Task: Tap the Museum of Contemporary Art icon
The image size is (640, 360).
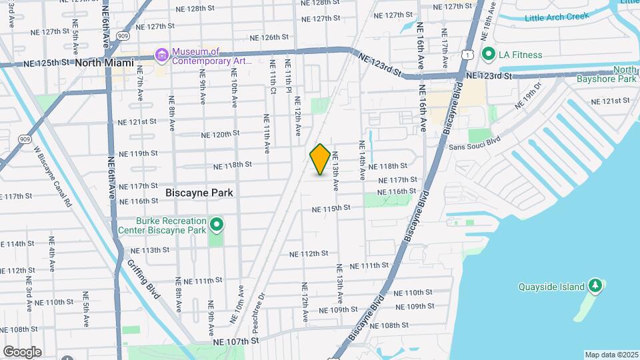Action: tap(161, 55)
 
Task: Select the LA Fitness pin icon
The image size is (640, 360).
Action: tap(488, 55)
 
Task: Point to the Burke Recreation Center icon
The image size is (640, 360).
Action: tap(216, 225)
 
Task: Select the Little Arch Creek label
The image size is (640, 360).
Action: tap(557, 17)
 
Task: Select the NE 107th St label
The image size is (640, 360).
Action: tap(235, 341)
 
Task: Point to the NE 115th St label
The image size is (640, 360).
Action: tap(331, 209)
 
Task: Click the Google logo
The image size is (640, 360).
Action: tap(22, 351)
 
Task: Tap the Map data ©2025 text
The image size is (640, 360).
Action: tap(611, 355)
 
